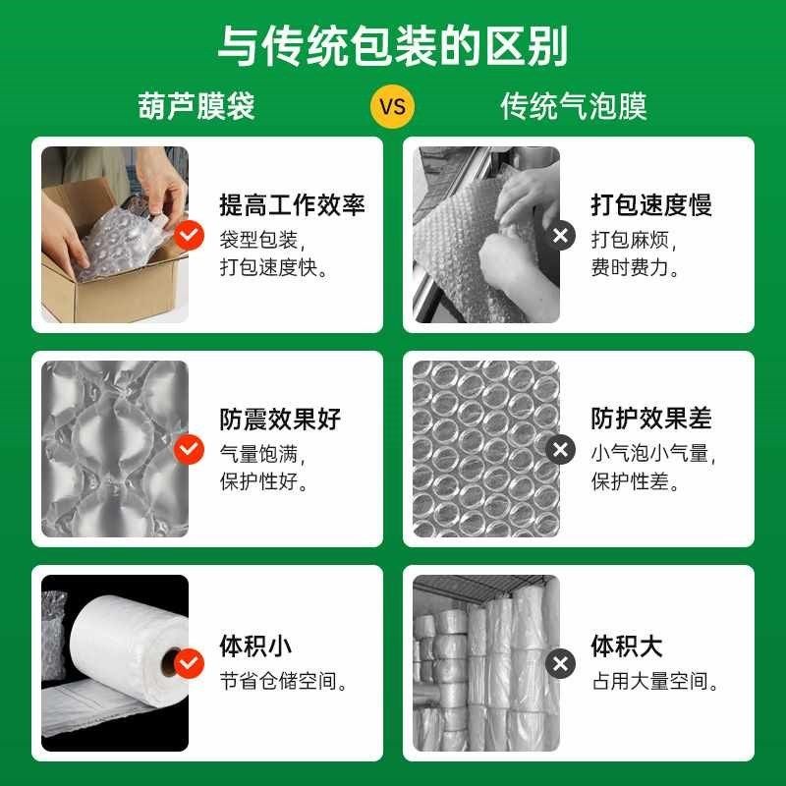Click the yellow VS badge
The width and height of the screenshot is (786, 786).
coord(392,106)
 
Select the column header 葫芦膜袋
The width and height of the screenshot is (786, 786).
coord(196,106)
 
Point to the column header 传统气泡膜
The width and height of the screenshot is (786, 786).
coord(574,106)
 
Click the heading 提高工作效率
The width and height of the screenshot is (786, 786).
coord(292,205)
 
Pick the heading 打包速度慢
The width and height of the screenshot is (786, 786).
coord(650,205)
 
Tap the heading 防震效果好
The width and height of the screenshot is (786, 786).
coord(280,420)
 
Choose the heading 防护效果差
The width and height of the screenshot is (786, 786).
coord(650,420)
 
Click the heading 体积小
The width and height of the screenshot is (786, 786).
coord(255,646)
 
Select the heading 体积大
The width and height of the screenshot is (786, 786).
coord(627,646)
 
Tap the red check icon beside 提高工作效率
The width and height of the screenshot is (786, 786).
coord(189,236)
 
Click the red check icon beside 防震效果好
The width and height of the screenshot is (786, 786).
coord(189,450)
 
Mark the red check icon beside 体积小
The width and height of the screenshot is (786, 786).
coord(189,664)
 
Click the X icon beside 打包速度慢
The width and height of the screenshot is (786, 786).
coord(560,236)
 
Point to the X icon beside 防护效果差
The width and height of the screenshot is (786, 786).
coord(560,450)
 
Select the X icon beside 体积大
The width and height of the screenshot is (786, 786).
coord(560,664)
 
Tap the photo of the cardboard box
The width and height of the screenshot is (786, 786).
coord(114,236)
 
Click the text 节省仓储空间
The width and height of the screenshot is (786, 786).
coord(285,681)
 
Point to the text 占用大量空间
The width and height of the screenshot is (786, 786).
coord(655,681)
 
